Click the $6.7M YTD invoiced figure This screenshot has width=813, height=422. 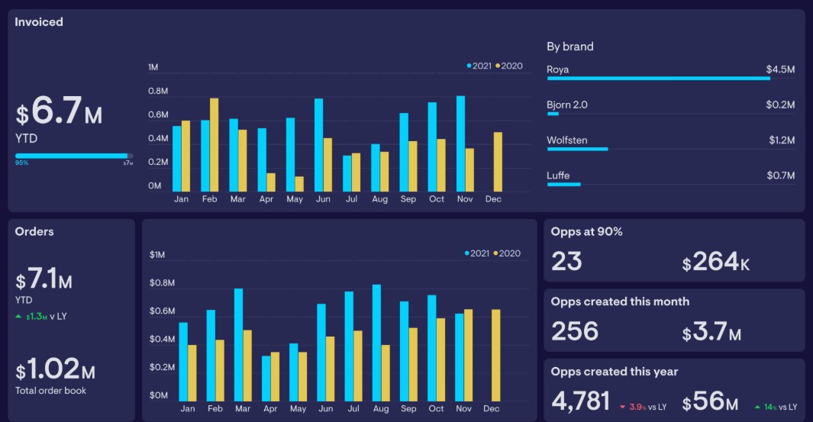point(59,114)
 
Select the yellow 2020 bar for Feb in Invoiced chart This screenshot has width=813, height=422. point(215,145)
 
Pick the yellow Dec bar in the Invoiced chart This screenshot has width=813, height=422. point(498,162)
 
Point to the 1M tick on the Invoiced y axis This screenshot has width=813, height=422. point(153,68)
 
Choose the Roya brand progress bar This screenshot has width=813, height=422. point(658,78)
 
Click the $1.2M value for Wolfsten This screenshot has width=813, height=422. point(781,140)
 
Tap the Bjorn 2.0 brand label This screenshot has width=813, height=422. point(567,105)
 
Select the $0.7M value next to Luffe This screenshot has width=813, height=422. point(781,176)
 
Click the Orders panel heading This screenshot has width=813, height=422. point(34,232)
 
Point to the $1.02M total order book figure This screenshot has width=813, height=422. point(56,371)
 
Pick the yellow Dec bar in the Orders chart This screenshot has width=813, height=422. point(496,356)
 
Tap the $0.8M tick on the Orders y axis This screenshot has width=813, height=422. point(163,283)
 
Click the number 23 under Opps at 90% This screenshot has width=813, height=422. point(566,262)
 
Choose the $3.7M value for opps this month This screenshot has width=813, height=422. point(711,333)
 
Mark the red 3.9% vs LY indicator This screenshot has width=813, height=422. point(643,408)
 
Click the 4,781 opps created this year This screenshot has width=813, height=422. point(580,401)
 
